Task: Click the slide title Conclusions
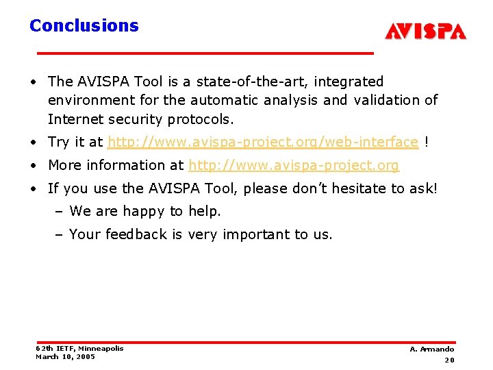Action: (84, 26)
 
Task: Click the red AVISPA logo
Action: (425, 32)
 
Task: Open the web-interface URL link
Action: (263, 142)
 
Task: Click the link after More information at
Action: (294, 165)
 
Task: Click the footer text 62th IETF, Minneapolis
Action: (79, 349)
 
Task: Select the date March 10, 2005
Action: (66, 356)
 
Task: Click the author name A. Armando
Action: (431, 349)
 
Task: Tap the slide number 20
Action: (449, 360)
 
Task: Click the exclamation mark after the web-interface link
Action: (427, 142)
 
